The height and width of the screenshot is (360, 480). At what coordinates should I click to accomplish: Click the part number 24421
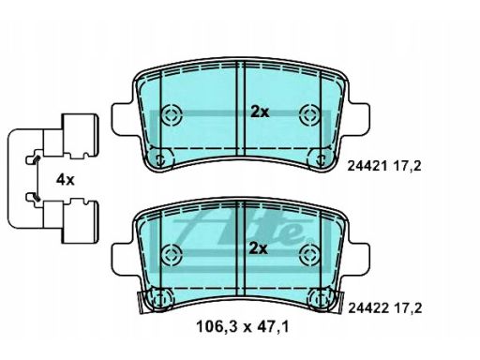[x=367, y=166]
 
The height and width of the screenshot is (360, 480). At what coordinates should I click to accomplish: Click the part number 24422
[x=368, y=308]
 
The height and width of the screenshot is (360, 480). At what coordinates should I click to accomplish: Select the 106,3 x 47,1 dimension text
[x=243, y=327]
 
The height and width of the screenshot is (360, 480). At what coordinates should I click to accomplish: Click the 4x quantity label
[x=65, y=180]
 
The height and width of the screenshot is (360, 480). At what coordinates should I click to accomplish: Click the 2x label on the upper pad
[x=260, y=112]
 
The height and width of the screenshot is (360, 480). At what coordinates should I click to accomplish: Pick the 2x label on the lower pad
[x=259, y=248]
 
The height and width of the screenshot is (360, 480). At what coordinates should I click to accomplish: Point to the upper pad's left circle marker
[x=172, y=114]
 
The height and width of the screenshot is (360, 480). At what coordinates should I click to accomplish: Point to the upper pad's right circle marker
[x=309, y=114]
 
